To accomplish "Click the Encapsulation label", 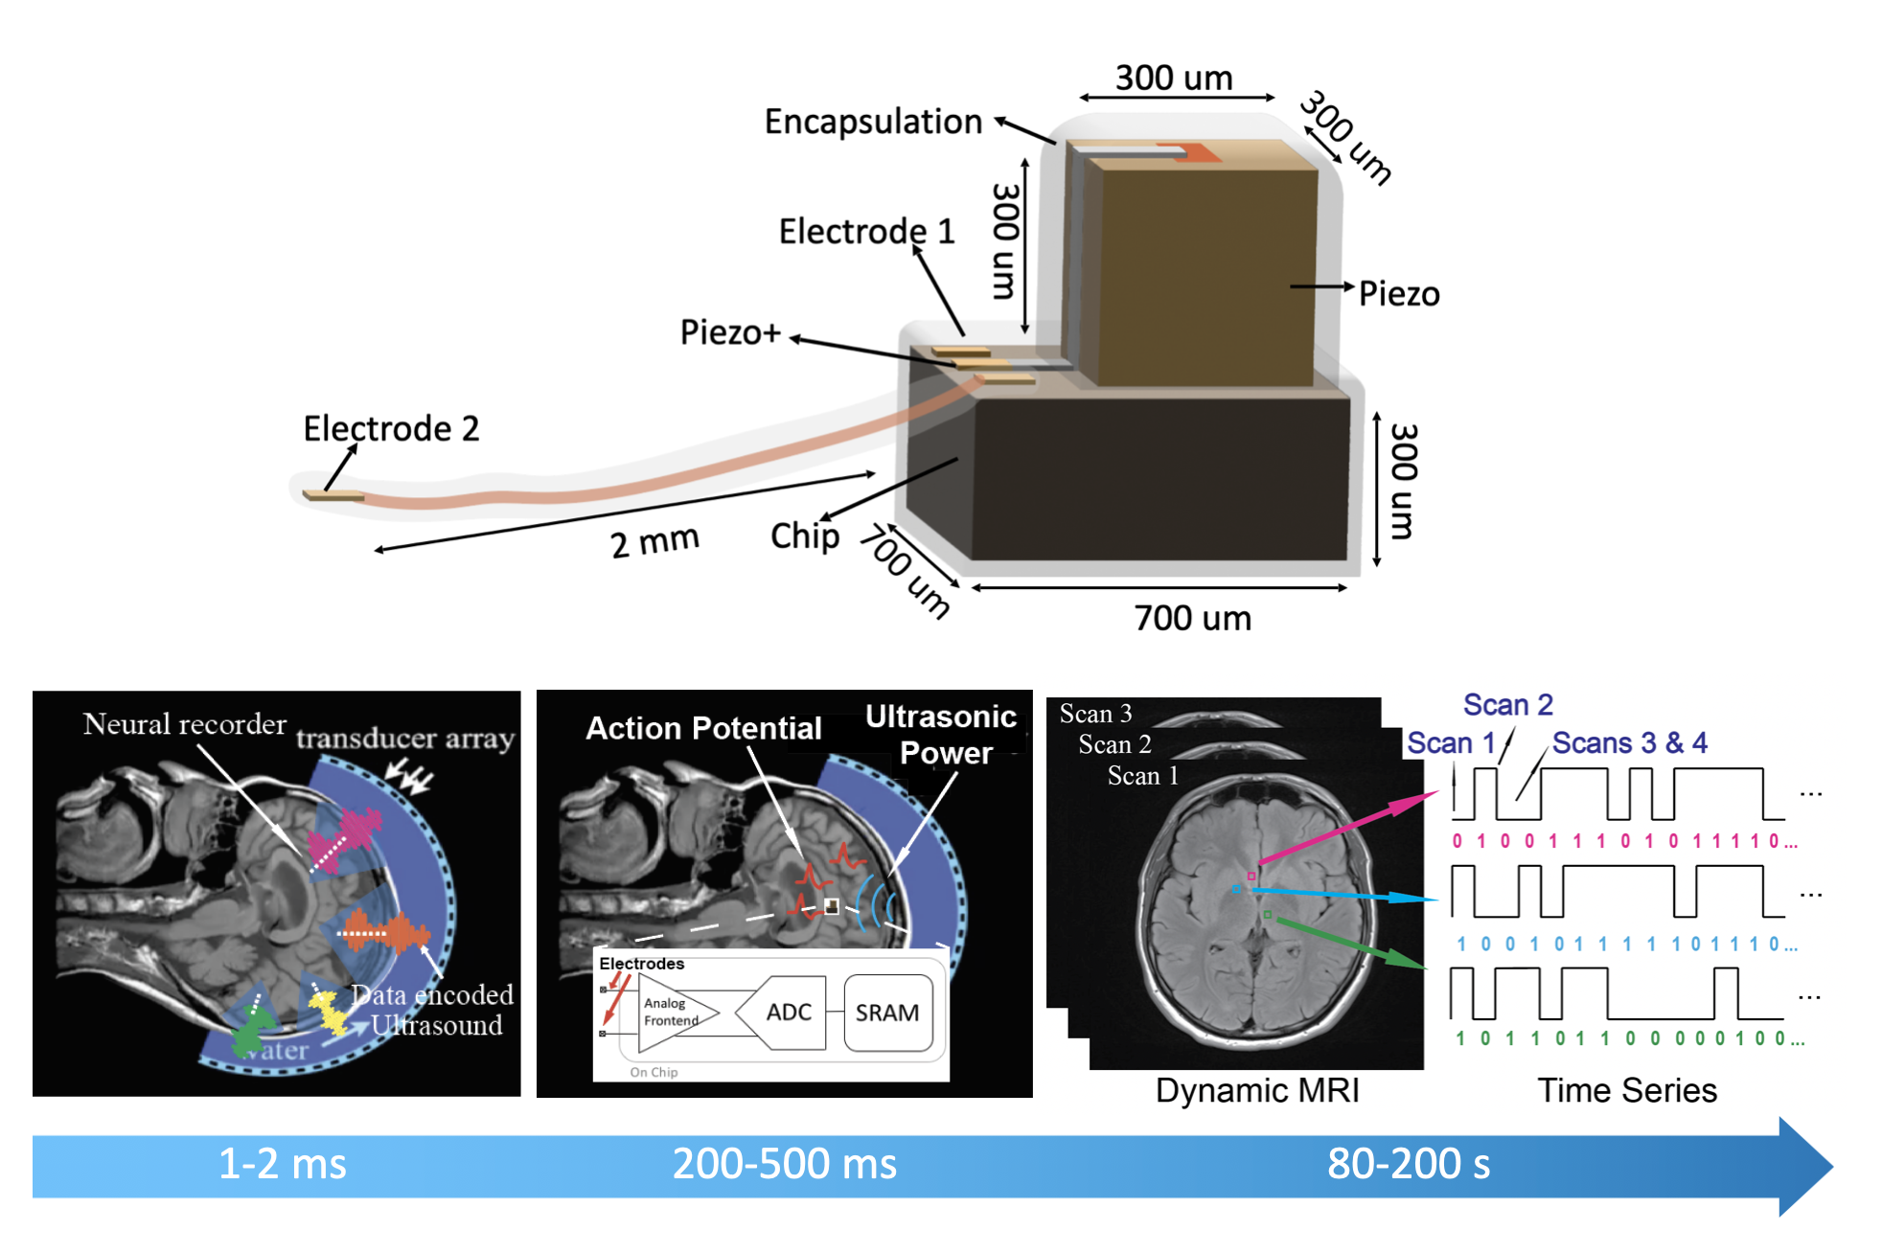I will pyautogui.click(x=873, y=123).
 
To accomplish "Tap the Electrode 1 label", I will pyautogui.click(x=866, y=232).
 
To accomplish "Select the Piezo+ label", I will pyautogui.click(x=730, y=332).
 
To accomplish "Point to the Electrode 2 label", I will pyautogui.click(x=391, y=428).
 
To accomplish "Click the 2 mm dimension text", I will pyautogui.click(x=654, y=542).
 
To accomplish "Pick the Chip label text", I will pyautogui.click(x=805, y=535).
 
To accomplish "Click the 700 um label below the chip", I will pyautogui.click(x=1193, y=619).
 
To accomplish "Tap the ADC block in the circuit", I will pyautogui.click(x=788, y=1013).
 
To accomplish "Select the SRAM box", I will pyautogui.click(x=887, y=1013).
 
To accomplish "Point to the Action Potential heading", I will pyautogui.click(x=703, y=728).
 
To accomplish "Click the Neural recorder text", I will pyautogui.click(x=184, y=724).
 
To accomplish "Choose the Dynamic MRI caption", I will pyautogui.click(x=1257, y=1090).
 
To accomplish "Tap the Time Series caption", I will pyautogui.click(x=1627, y=1090).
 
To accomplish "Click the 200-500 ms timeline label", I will pyautogui.click(x=784, y=1164).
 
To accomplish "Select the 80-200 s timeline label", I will pyautogui.click(x=1409, y=1164).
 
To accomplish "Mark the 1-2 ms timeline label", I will pyautogui.click(x=283, y=1164).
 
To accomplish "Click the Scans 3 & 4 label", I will pyautogui.click(x=1629, y=742).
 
